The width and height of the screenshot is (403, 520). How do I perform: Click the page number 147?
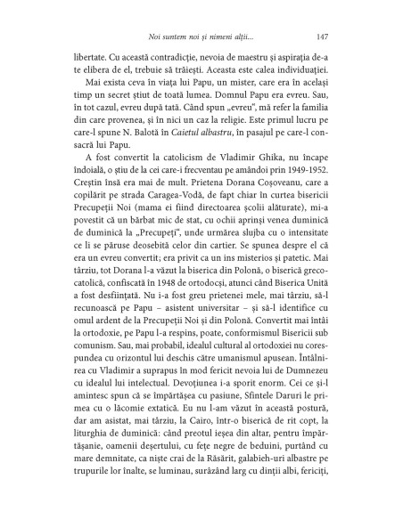(323, 37)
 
